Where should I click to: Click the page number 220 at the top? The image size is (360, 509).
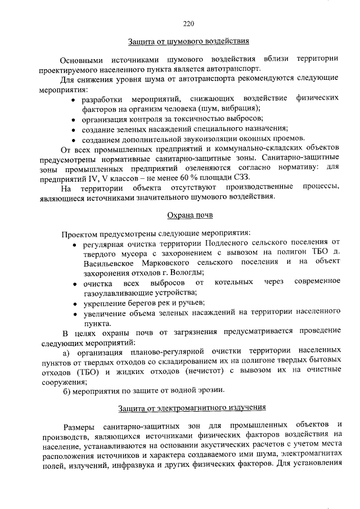tap(188, 23)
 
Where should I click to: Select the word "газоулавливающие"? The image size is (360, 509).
tap(115, 292)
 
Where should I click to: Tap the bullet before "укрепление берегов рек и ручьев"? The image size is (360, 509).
tap(74, 304)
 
